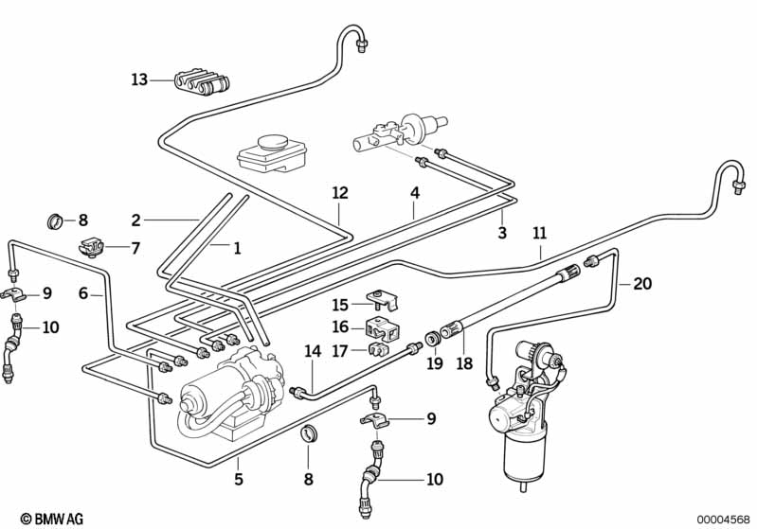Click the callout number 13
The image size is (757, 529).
pos(139,79)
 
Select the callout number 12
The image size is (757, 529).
pos(340,193)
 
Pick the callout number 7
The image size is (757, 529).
pos(135,248)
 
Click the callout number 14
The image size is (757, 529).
pos(313,350)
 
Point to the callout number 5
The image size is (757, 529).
pos(239,479)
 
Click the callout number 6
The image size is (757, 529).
pos(83,294)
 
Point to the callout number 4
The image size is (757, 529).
pos(414,193)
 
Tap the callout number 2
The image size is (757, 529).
pos(135,220)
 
